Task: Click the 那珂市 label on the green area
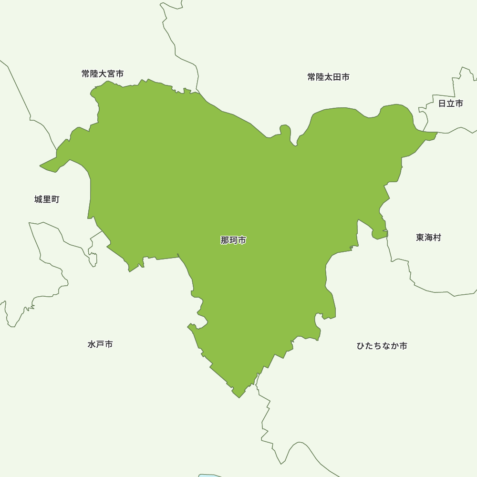click(233, 240)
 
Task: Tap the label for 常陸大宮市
click(103, 74)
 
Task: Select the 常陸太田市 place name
click(328, 77)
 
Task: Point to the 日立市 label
click(450, 104)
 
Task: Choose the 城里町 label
click(47, 199)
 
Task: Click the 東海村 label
click(428, 238)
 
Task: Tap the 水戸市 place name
click(100, 344)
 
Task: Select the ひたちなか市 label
click(382, 346)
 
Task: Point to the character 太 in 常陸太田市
click(328, 77)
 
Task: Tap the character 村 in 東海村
click(437, 238)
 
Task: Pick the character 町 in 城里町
click(55, 199)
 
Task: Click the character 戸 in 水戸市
click(100, 344)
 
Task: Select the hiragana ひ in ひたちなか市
click(361, 346)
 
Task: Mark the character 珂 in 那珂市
click(233, 240)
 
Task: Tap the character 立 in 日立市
click(450, 104)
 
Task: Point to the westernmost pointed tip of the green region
click(41, 166)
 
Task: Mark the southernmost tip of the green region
click(239, 397)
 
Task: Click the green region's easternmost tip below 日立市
click(436, 133)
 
